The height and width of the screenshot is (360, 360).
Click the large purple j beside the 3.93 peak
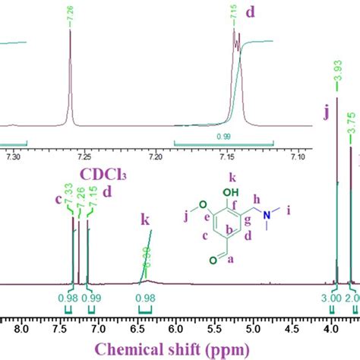(326, 114)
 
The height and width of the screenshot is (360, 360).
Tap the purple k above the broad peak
(144, 219)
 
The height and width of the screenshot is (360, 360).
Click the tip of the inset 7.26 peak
(70, 30)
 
